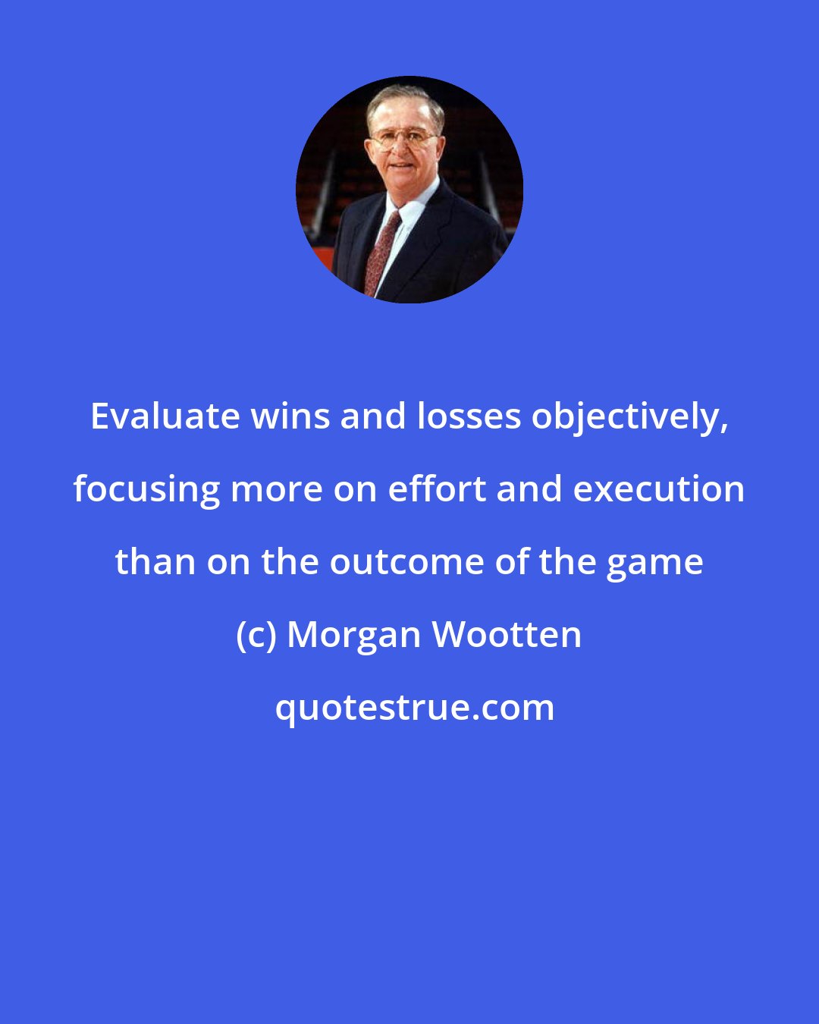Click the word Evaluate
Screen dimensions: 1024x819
point(165,416)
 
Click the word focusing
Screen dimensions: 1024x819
point(146,490)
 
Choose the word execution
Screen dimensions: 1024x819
point(658,489)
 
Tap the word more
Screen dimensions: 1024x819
point(267,489)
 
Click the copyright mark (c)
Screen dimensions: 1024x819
point(256,635)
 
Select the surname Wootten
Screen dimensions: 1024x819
point(507,635)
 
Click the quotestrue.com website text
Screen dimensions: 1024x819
point(414,708)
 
